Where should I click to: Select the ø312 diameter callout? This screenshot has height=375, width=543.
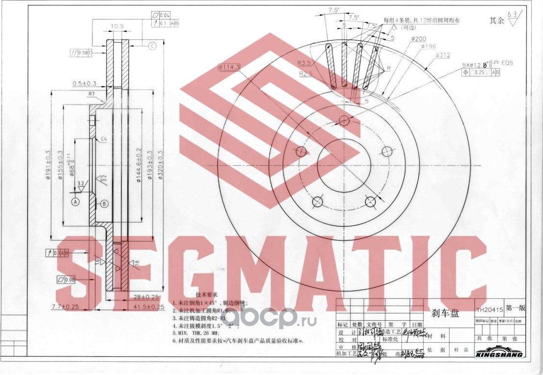(x=443, y=55)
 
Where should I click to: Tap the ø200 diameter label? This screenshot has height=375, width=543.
(x=419, y=39)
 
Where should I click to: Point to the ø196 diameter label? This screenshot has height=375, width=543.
(x=428, y=46)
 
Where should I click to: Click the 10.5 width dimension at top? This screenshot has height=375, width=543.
(x=117, y=26)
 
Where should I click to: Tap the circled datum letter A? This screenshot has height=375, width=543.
(x=75, y=201)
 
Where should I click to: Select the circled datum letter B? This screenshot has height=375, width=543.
(x=104, y=203)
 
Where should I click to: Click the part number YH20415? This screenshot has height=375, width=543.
(x=490, y=309)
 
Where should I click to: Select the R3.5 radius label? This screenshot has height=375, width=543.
(x=305, y=63)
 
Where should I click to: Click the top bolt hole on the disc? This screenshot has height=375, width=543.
(x=344, y=120)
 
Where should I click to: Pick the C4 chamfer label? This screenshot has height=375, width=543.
(x=104, y=139)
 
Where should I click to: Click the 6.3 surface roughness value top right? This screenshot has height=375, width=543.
(x=512, y=15)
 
